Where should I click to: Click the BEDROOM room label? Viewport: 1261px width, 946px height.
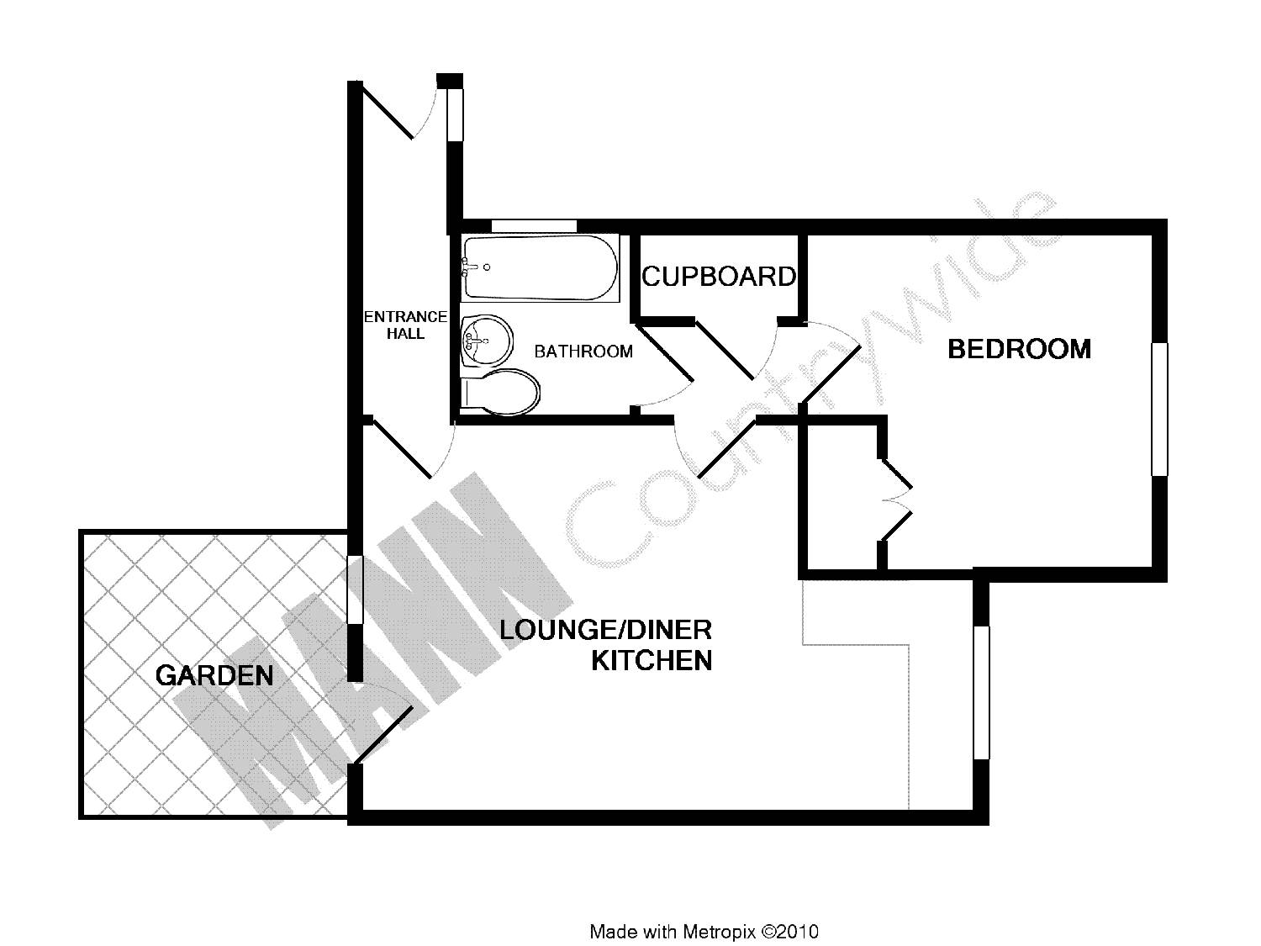tap(1019, 349)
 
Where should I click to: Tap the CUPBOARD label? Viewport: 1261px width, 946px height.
tap(719, 277)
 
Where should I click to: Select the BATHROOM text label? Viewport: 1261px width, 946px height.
tap(583, 351)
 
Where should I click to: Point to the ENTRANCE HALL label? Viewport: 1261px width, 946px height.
tap(405, 325)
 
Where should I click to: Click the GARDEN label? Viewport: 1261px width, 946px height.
tap(214, 675)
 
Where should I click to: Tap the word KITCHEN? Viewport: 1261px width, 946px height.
tap(652, 661)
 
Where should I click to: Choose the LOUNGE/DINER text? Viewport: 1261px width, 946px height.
tap(605, 630)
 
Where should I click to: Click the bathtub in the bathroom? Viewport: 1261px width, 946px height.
tap(540, 267)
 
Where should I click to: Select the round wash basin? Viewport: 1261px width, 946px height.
tap(487, 340)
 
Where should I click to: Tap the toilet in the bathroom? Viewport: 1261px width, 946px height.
tap(501, 392)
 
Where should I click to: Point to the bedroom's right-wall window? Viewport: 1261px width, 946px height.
tap(1160, 410)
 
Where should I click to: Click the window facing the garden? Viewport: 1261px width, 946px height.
tap(355, 589)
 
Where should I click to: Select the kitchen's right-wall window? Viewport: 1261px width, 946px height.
tap(981, 693)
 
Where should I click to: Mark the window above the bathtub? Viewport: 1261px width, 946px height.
tap(535, 225)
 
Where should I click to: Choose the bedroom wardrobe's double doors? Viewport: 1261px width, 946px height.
tap(895, 499)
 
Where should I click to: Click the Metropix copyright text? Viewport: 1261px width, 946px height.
tap(704, 931)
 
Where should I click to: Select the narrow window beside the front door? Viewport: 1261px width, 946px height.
tap(455, 114)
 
